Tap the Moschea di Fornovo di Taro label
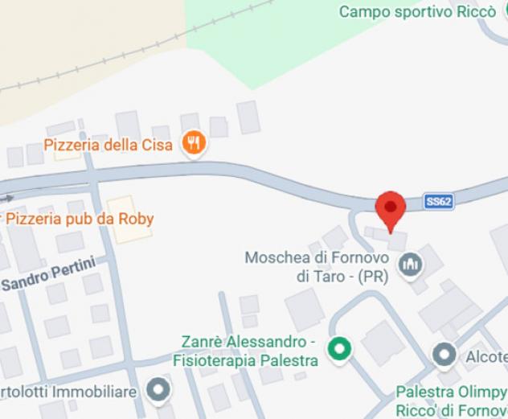pos(317,267)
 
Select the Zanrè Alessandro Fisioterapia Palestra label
pos(245,351)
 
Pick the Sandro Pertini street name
pos(48,275)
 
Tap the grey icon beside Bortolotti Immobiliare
pos(160,391)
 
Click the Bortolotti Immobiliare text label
pos(71,392)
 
